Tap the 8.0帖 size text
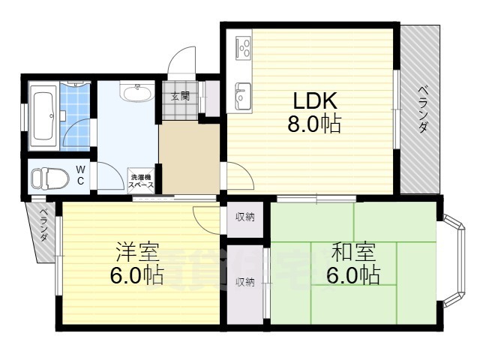pos(313,124)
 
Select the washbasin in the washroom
pos(136,94)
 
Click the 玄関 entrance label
pos(179,96)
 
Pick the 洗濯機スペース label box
pos(140,180)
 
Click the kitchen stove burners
pos(244,49)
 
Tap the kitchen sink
pos(243,95)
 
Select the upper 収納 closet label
pos(244,217)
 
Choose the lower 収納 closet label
pos(244,283)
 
